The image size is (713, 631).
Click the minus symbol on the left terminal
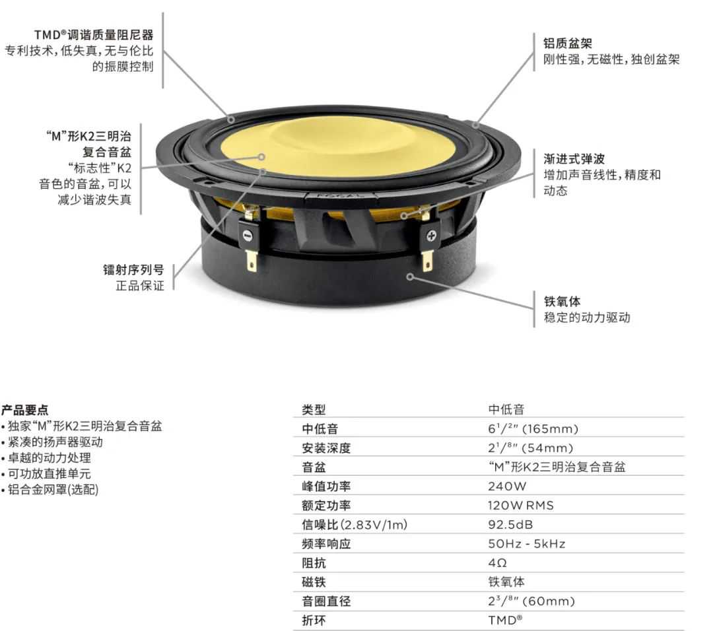point(247,235)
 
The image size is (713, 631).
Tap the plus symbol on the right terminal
point(431,235)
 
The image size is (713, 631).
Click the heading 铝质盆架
point(568,43)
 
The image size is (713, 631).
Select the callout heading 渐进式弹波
point(574,158)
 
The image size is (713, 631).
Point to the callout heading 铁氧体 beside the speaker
point(562,301)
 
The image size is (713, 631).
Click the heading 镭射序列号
point(133,269)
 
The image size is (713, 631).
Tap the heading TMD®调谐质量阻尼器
point(94,34)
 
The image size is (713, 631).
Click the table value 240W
point(507,486)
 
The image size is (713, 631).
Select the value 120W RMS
point(521,506)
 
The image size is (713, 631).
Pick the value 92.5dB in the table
point(510,525)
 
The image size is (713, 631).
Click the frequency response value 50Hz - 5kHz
point(527,544)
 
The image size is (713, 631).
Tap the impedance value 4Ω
point(498,563)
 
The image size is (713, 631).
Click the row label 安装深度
point(326,448)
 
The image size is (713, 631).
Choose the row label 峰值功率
point(326,486)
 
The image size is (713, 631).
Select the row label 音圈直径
point(326,601)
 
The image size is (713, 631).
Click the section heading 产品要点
point(24,410)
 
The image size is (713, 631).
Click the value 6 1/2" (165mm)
point(533,428)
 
